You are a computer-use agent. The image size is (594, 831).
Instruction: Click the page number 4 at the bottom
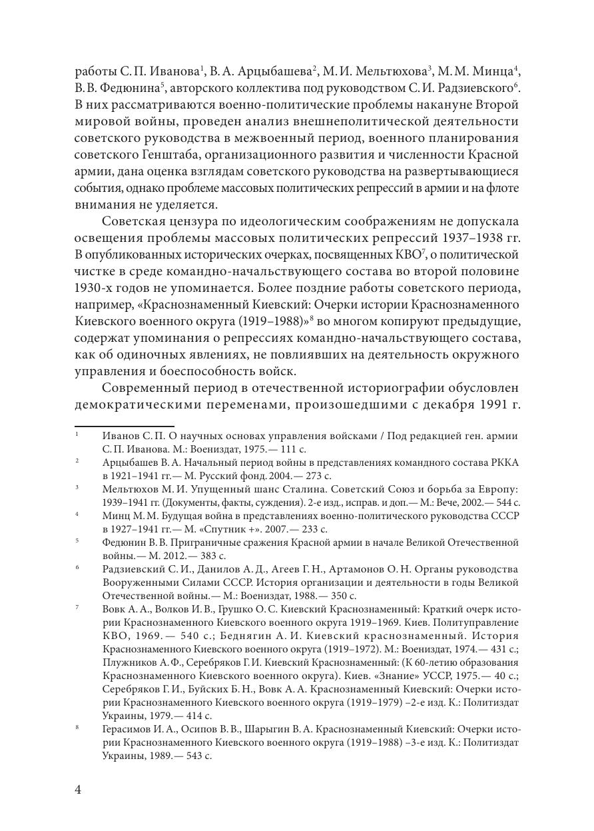tap(78, 790)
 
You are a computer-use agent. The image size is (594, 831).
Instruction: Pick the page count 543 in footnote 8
tap(190, 756)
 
